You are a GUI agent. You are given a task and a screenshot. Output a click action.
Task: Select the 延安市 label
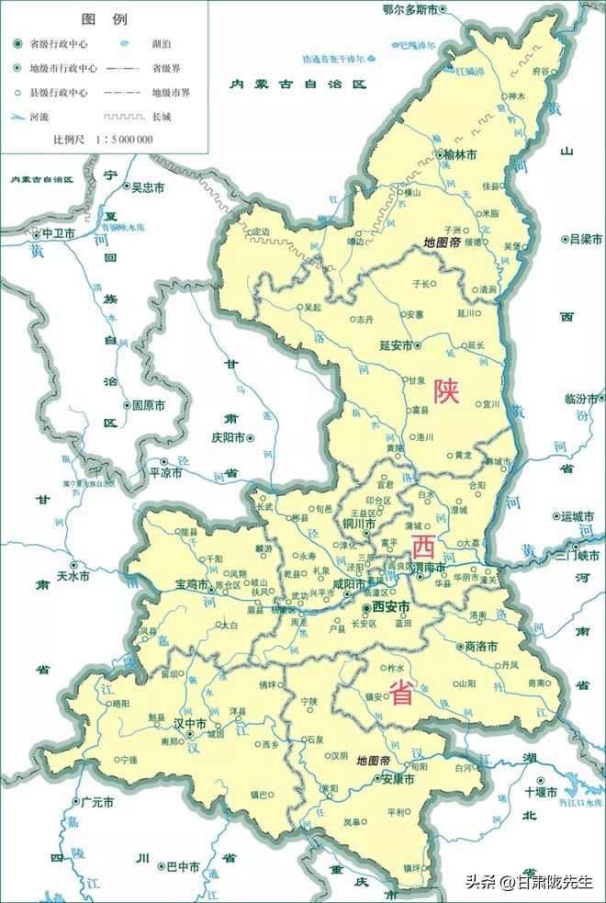point(397,345)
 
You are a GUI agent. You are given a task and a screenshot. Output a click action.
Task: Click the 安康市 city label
point(397,779)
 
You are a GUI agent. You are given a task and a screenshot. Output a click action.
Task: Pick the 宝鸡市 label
point(192,583)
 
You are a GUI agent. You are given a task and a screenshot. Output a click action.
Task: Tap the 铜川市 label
point(359,524)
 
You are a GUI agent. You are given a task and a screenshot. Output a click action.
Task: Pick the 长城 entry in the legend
point(161,117)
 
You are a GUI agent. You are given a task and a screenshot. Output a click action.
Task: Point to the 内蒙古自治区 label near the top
point(297,84)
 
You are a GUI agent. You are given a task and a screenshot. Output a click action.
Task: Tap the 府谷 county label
point(540,69)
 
